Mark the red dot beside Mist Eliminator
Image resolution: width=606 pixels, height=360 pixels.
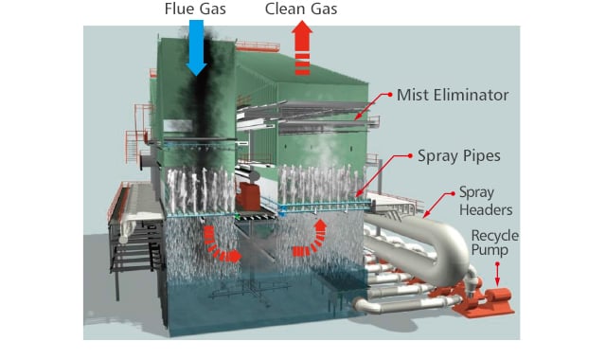coord(389,95)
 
